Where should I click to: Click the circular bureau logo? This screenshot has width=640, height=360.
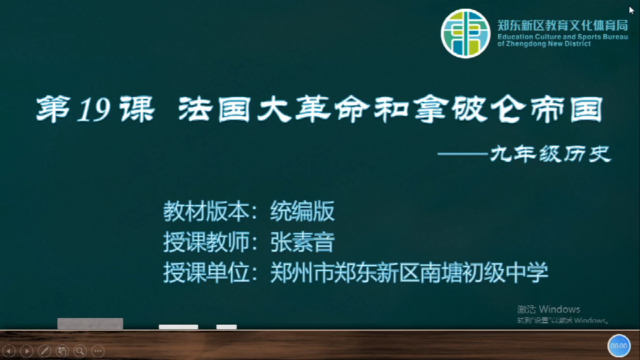[465, 33]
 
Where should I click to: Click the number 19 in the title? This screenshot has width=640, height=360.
[94, 110]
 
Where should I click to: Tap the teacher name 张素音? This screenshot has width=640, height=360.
[303, 242]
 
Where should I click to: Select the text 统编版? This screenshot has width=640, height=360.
[303, 211]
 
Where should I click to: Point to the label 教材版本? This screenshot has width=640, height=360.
[207, 211]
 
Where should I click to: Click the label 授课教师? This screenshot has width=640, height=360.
[207, 242]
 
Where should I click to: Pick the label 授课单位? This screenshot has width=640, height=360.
[207, 273]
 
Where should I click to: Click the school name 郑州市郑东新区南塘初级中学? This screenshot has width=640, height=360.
[409, 273]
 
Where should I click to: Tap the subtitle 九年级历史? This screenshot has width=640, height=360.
[550, 154]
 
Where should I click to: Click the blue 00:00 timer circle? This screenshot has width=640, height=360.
[619, 346]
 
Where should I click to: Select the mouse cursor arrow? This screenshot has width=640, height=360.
[631, 10]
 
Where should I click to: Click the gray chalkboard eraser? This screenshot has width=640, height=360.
[90, 323]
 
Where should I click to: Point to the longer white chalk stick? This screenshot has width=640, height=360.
[179, 327]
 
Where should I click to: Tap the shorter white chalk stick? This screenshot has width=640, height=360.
[227, 327]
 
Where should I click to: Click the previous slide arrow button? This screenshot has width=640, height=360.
[9, 351]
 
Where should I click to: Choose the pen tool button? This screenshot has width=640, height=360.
[45, 351]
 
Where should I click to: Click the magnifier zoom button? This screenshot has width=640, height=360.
[80, 351]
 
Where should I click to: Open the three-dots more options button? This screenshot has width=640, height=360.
[98, 351]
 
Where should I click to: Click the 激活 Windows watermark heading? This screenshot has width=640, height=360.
[549, 309]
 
